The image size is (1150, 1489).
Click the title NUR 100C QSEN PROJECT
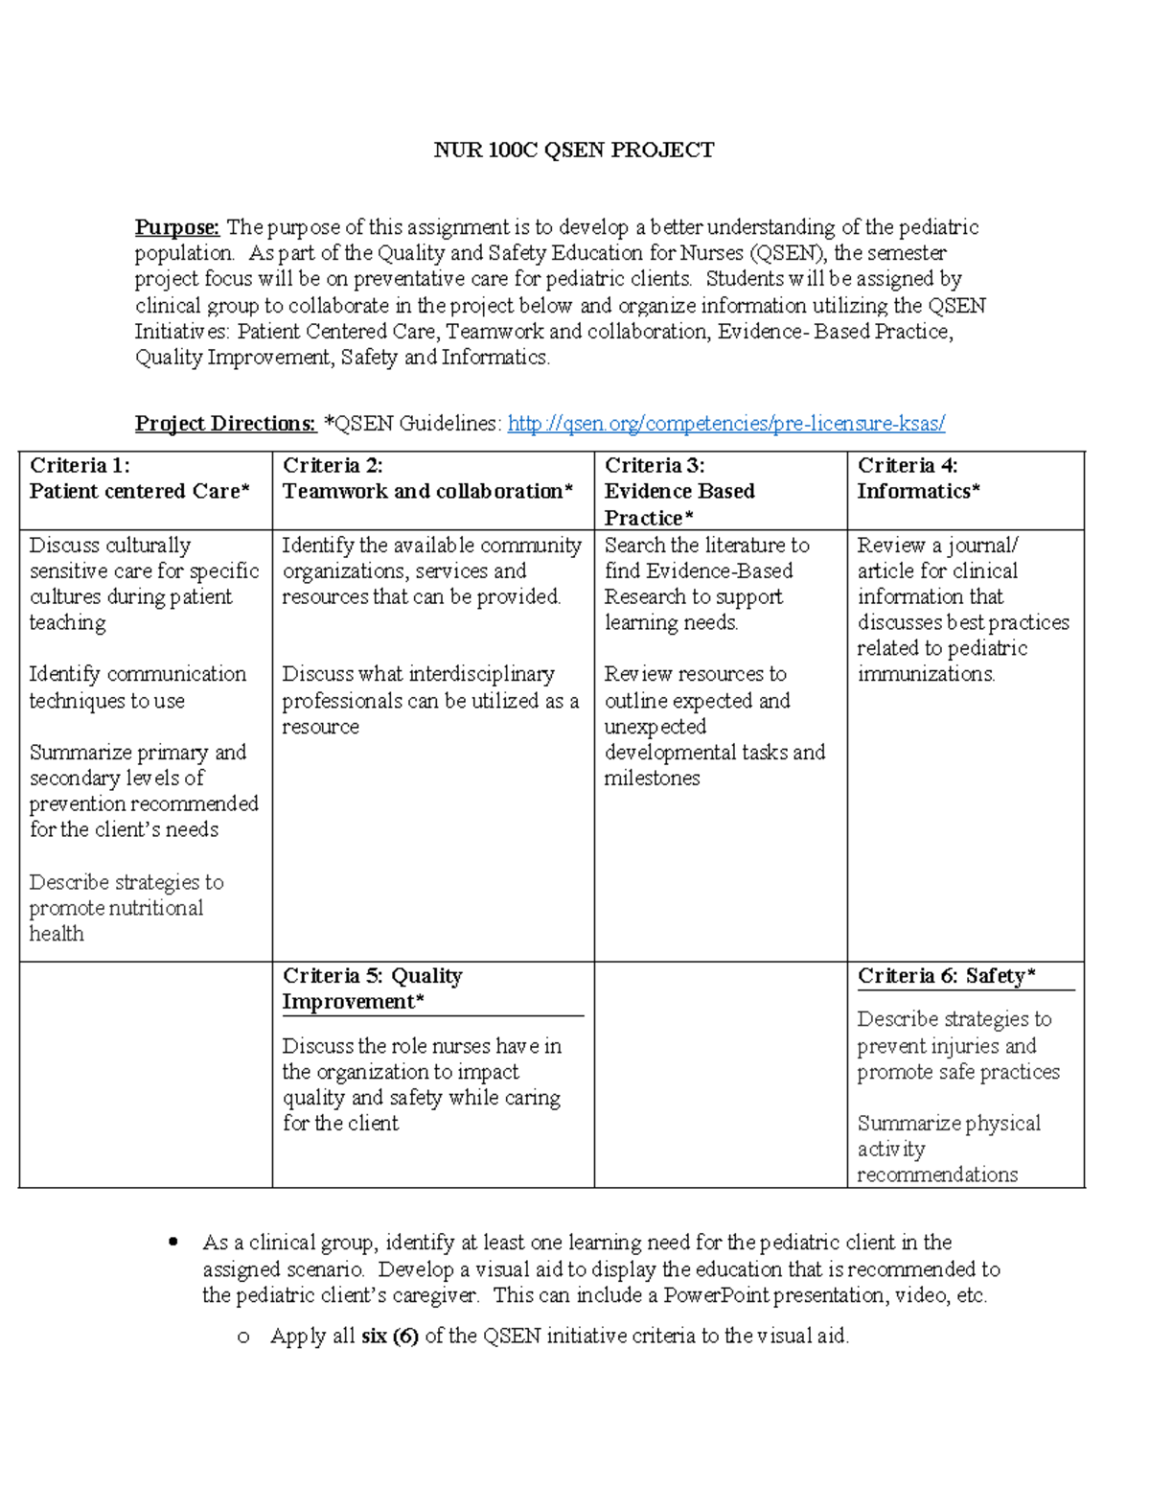click(x=573, y=150)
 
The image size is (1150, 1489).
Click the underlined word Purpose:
click(x=177, y=227)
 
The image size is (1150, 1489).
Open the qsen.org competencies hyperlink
click(x=725, y=424)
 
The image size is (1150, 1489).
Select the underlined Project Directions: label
click(x=225, y=424)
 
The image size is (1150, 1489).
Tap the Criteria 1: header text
click(x=80, y=466)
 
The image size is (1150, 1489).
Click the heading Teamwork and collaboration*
click(x=427, y=492)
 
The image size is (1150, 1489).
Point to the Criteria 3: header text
click(x=655, y=466)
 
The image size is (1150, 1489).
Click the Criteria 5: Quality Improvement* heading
click(x=372, y=989)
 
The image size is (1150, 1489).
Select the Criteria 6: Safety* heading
click(x=946, y=976)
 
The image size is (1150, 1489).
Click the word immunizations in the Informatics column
click(x=925, y=674)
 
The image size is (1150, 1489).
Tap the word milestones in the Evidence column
click(x=652, y=779)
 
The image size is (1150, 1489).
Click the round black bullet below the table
click(x=173, y=1243)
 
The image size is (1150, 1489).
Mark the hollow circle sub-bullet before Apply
click(x=243, y=1337)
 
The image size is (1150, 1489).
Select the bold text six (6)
click(x=389, y=1336)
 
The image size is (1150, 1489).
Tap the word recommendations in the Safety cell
click(x=936, y=1175)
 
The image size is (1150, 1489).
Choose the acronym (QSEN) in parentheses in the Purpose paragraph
click(x=788, y=253)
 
